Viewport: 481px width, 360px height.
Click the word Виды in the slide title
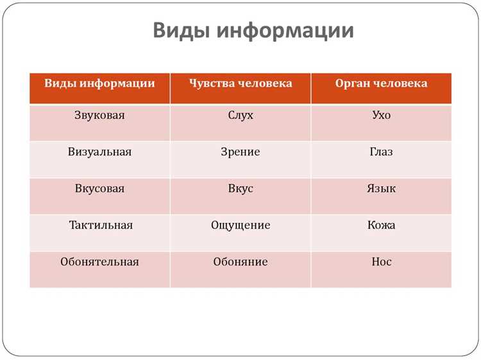pyautogui.click(x=182, y=31)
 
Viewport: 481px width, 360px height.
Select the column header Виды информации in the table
pyautogui.click(x=99, y=84)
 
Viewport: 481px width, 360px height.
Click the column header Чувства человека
pyautogui.click(x=240, y=84)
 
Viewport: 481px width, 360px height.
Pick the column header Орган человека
pyautogui.click(x=381, y=84)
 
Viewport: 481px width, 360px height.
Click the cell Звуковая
pyautogui.click(x=99, y=116)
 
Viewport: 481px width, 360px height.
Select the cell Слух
pyautogui.click(x=240, y=116)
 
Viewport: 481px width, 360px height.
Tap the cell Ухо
pyautogui.click(x=381, y=116)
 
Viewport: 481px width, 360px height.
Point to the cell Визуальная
pyautogui.click(x=99, y=152)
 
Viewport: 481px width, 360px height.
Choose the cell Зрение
pyautogui.click(x=240, y=152)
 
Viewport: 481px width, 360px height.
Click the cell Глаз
pyautogui.click(x=381, y=152)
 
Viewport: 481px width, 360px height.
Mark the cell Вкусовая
pyautogui.click(x=99, y=189)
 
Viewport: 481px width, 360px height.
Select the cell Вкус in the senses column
pyautogui.click(x=240, y=189)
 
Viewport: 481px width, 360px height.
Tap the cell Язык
pyautogui.click(x=381, y=189)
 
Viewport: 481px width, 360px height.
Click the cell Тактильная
pyautogui.click(x=101, y=225)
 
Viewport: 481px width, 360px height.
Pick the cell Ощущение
pyautogui.click(x=240, y=225)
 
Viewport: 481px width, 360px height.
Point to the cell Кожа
pyautogui.click(x=381, y=225)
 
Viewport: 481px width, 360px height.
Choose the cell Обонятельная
pyautogui.click(x=99, y=262)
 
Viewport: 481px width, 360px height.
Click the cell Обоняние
pyautogui.click(x=240, y=262)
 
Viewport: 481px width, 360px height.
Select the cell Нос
pyautogui.click(x=381, y=262)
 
